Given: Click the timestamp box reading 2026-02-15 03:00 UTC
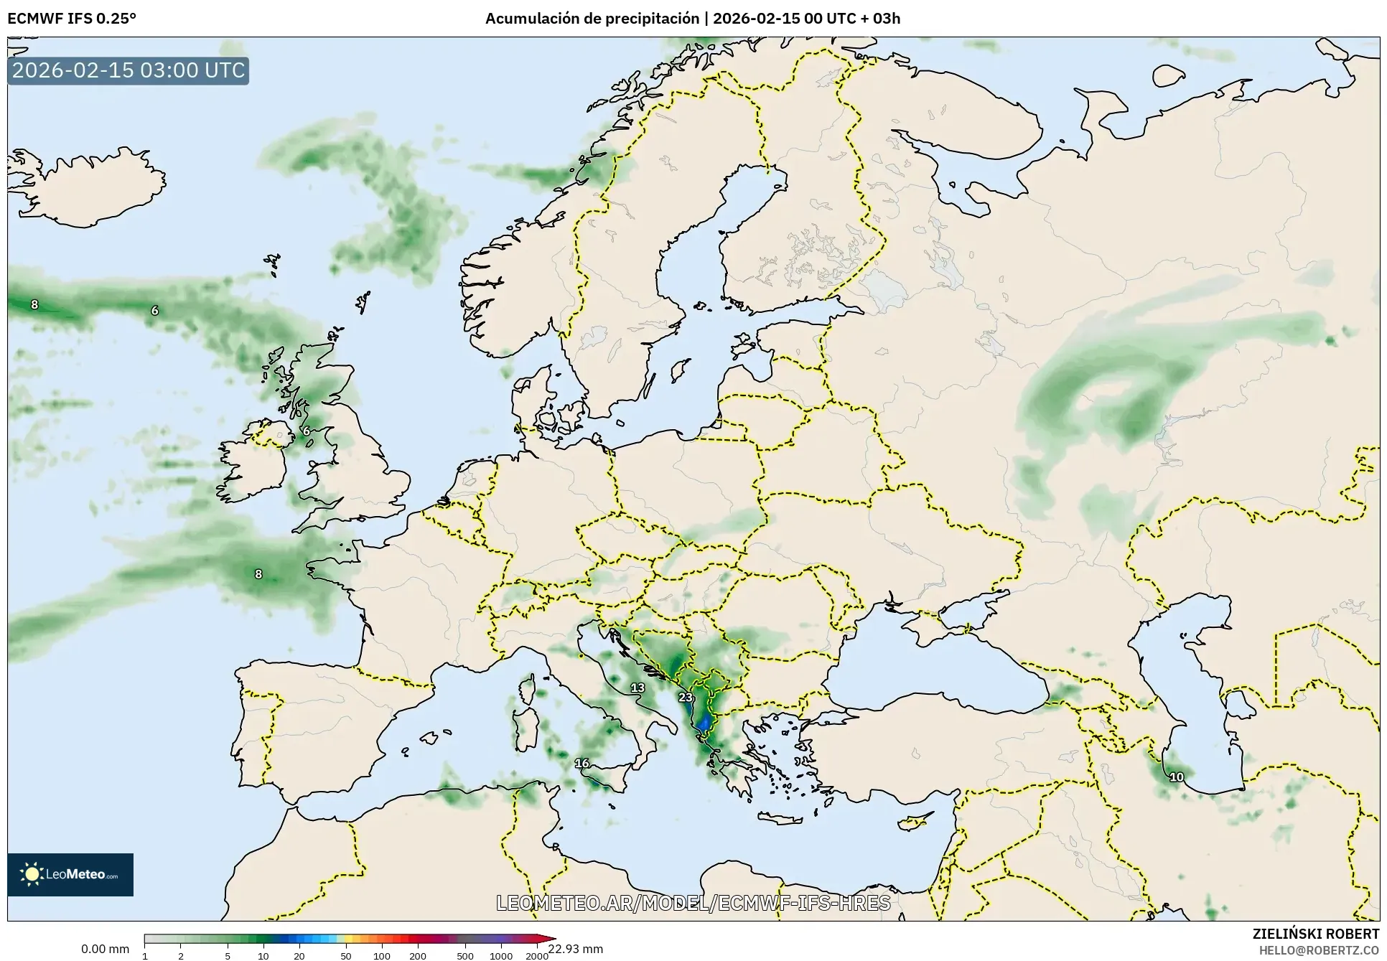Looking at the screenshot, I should click(129, 70).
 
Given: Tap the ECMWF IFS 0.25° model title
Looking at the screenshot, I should click(71, 19).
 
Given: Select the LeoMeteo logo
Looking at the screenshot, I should click(70, 874).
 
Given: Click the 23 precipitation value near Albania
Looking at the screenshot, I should click(686, 697).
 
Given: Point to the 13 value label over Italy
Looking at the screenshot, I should click(638, 688).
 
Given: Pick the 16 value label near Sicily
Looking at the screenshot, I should click(582, 763).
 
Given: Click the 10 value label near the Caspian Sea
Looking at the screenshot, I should click(1177, 777).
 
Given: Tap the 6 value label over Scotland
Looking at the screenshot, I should click(307, 431).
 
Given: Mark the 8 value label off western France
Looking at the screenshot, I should click(258, 574).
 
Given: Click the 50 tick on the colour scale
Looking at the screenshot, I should click(346, 956).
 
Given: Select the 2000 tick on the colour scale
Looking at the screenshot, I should click(537, 956).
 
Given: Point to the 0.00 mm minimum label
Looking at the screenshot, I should click(105, 949).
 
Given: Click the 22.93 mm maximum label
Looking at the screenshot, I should click(576, 949).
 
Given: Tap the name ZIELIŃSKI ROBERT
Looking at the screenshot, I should click(1315, 934).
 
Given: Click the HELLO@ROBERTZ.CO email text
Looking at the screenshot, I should click(1319, 950).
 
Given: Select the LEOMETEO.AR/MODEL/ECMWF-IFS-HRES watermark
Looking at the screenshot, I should click(693, 903).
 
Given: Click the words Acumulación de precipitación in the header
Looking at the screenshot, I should click(592, 19).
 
